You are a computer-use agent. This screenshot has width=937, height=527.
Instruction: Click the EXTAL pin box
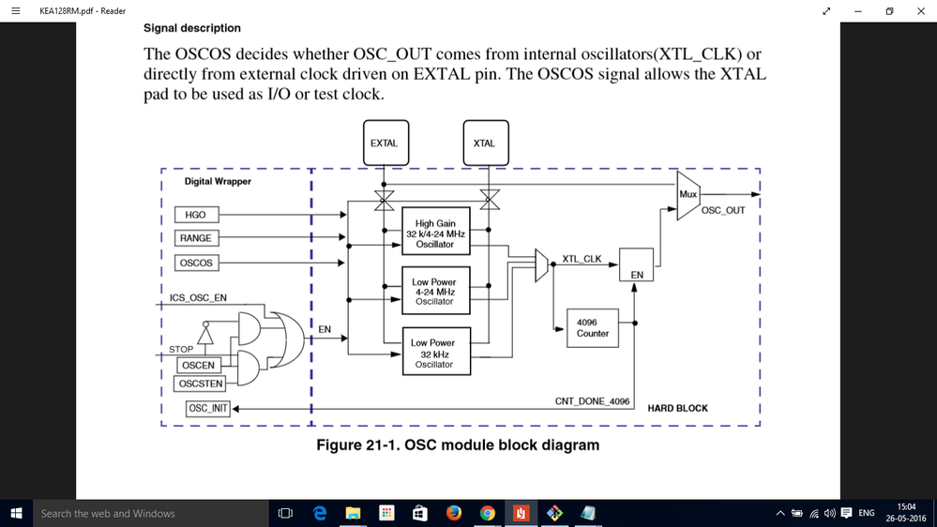[385, 143]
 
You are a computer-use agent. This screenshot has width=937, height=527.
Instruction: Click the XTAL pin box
[485, 143]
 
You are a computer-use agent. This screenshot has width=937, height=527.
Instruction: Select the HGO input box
[196, 214]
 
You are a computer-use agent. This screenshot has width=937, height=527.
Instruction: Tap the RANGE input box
[196, 238]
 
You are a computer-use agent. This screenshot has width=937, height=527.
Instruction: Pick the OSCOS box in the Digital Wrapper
[196, 263]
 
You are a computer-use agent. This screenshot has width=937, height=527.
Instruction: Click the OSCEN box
[198, 366]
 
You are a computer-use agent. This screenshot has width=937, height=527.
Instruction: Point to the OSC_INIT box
[208, 408]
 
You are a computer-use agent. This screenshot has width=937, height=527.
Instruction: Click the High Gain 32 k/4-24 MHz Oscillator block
[435, 234]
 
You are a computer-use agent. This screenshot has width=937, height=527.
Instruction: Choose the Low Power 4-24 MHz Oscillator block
[435, 292]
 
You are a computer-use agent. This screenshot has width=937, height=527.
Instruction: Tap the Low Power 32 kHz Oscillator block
[435, 353]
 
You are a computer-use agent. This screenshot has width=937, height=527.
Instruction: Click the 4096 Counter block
[593, 328]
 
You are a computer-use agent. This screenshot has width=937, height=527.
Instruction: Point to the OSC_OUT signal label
[723, 211]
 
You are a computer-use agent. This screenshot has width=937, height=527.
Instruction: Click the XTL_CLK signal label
[582, 258]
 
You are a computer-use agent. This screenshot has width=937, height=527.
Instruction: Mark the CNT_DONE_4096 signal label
[592, 401]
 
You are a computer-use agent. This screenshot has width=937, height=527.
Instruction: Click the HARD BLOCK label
[677, 408]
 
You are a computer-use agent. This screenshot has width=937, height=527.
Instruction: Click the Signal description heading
[191, 28]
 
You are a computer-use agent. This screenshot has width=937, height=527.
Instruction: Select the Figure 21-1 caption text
[457, 445]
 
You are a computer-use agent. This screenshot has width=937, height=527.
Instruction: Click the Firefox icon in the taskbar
[454, 513]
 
